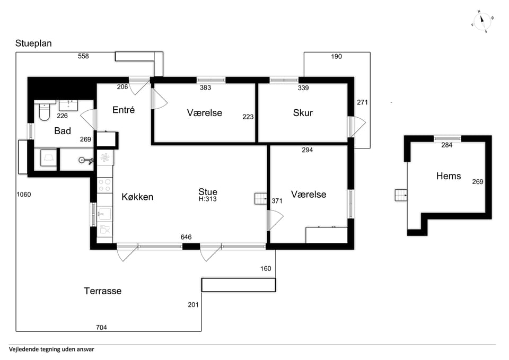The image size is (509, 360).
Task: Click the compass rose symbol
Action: pos(482,22)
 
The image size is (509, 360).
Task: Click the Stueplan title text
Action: pos(33,43)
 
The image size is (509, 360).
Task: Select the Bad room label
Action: pos(63,131)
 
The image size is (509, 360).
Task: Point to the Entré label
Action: pos(124,110)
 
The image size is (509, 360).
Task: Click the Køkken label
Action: pos(137,197)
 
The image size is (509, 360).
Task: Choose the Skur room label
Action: pos(303,112)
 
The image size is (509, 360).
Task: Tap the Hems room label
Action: pos(449,176)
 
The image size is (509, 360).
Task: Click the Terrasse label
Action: pos(102,291)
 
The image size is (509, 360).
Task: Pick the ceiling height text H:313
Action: pos(208,199)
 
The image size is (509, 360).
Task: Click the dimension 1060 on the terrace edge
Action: pos(24,195)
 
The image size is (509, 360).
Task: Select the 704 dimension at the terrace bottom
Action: pos(101,327)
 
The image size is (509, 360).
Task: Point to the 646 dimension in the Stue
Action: pos(186,238)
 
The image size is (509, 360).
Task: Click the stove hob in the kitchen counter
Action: pos(105,185)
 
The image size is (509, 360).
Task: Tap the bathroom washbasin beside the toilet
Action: pos(68,106)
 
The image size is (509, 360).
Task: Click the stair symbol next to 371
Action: pos(261,198)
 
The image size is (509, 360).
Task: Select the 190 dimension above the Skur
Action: pos(336,57)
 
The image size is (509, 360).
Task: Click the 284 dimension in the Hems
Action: pos(446,145)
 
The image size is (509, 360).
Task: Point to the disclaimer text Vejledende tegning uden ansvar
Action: pos(51,349)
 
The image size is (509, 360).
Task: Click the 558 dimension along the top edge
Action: pos(83,56)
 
